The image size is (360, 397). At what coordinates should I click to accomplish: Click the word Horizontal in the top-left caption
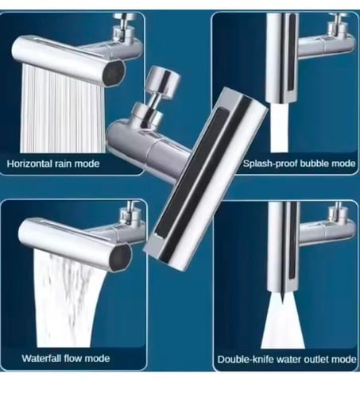pyautogui.click(x=29, y=164)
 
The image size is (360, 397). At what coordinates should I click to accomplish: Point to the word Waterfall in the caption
pyautogui.click(x=41, y=358)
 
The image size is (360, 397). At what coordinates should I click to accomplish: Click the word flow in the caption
pyautogui.click(x=73, y=358)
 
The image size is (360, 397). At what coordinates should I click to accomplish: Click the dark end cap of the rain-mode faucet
pyautogui.click(x=114, y=73)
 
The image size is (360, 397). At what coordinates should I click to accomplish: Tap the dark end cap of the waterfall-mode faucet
pyautogui.click(x=120, y=258)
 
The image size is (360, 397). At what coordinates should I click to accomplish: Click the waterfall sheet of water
pyautogui.click(x=66, y=300)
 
